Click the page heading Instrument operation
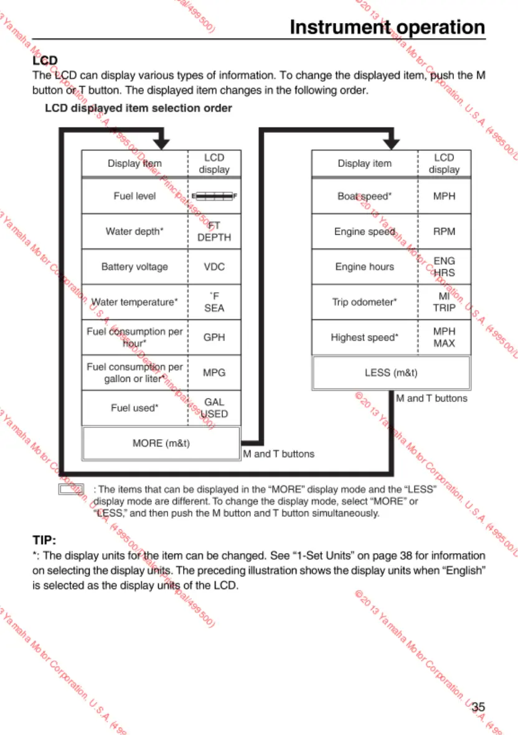point(387,27)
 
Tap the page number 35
point(478,706)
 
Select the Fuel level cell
point(134,196)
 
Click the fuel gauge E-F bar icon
point(214,196)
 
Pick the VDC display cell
point(214,267)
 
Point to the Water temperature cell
point(134,302)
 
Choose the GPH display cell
point(214,338)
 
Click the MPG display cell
point(214,373)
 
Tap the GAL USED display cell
point(214,408)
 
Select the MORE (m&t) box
point(161,443)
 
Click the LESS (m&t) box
point(391,373)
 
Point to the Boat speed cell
point(365,196)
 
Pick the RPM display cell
point(444,232)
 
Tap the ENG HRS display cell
point(444,267)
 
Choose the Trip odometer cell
point(365,302)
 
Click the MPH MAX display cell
point(444,338)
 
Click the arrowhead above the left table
point(161,143)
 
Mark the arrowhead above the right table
point(391,143)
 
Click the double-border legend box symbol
point(71,490)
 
